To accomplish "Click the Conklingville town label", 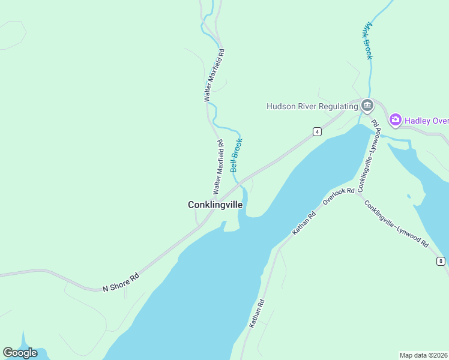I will tap(215, 205).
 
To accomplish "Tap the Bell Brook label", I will tap(237, 156).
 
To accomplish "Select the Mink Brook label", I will tap(368, 41).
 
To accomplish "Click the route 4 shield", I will tap(316, 131).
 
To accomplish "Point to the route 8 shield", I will tap(441, 261).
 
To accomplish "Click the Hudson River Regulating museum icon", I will tap(367, 107).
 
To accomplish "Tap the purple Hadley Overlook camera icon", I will tap(395, 120).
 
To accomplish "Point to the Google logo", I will tap(20, 353).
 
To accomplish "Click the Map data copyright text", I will tap(424, 355).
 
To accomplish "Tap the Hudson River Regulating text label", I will tap(312, 107).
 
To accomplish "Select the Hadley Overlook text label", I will tap(427, 121).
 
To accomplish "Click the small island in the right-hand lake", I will tap(409, 196).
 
